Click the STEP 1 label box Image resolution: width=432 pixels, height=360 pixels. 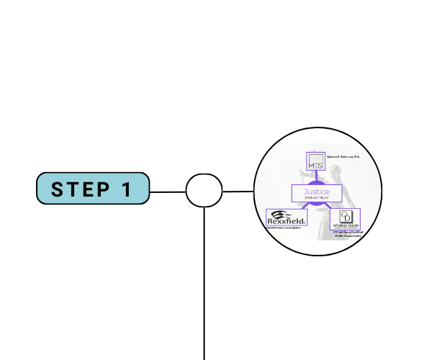pos(93,189)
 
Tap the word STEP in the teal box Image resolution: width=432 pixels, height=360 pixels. pos(78,189)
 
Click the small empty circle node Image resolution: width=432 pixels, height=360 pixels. pos(204,191)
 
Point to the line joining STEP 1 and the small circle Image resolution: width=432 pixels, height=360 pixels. pos(168,192)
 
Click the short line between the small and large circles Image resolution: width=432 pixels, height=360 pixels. pos(238,192)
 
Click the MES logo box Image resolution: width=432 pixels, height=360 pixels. pos(316,162)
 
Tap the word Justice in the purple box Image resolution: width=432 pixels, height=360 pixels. pos(316,192)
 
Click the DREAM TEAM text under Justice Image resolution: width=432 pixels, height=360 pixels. pos(316,199)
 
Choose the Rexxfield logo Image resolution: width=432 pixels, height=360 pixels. pos(287,217)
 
